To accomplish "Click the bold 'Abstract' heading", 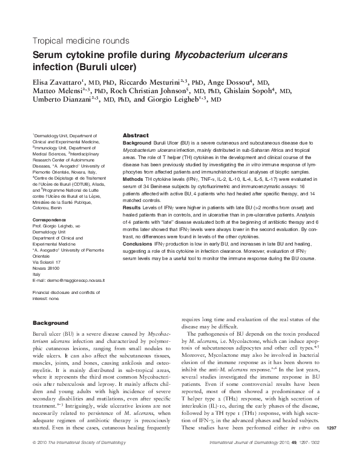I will (x=136, y=135).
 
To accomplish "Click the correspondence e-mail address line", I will (x=68, y=281).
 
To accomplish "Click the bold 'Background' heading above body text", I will (x=50, y=323).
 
